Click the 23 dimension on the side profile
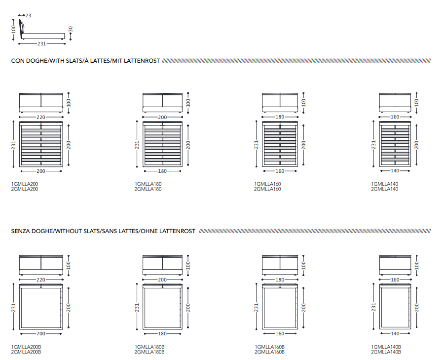[x=28, y=16]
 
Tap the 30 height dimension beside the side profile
[x=71, y=30]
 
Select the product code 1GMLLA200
[x=25, y=184]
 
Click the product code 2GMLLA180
[x=148, y=189]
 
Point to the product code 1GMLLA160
[x=267, y=184]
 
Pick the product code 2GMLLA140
[x=385, y=189]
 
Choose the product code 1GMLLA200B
[x=26, y=347]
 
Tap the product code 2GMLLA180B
[x=149, y=352]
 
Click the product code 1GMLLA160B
[x=269, y=347]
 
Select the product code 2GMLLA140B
[x=386, y=352]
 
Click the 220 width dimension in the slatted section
[x=41, y=117]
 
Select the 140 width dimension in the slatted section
[x=395, y=171]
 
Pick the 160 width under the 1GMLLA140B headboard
[x=395, y=280]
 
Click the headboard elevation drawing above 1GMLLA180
[x=162, y=102]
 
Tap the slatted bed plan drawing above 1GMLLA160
[x=280, y=144]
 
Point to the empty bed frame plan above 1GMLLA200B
[x=41, y=306]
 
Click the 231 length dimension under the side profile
[x=41, y=43]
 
